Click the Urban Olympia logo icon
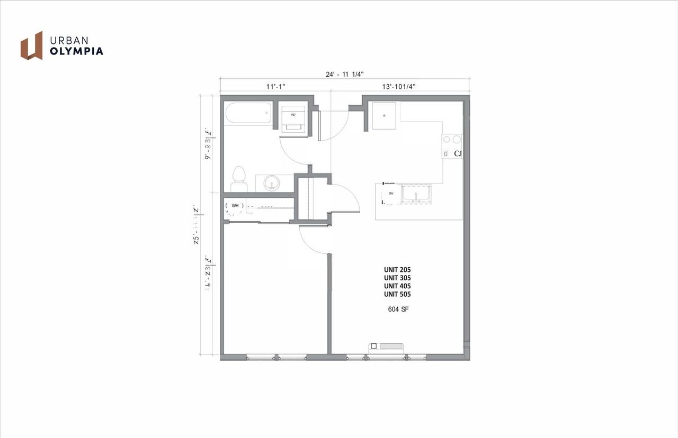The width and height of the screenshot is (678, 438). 32,45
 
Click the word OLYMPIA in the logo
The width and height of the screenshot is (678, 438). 76,51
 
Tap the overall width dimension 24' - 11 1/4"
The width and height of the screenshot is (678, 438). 344,75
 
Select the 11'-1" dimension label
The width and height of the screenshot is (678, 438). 275,86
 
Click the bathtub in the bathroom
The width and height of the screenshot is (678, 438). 248,113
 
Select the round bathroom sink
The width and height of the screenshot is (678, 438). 272,183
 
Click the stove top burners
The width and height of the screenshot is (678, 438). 451,140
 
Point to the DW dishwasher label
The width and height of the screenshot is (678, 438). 391,194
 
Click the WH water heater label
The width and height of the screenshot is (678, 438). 235,205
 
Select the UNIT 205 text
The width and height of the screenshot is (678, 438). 397,269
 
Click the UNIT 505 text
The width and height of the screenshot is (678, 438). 397,294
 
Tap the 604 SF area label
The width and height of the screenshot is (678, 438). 397,309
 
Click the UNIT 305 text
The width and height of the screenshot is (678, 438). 397,278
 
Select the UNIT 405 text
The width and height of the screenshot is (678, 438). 397,286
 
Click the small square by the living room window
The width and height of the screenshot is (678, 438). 374,346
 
